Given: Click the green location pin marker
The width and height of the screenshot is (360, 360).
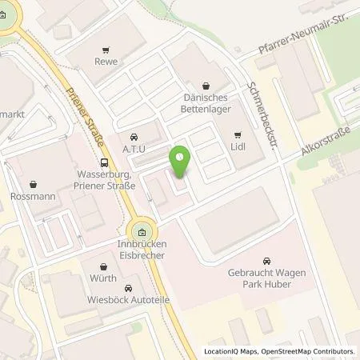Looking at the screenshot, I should [181, 162].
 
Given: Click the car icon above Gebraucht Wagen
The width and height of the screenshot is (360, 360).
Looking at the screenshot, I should [267, 261].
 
